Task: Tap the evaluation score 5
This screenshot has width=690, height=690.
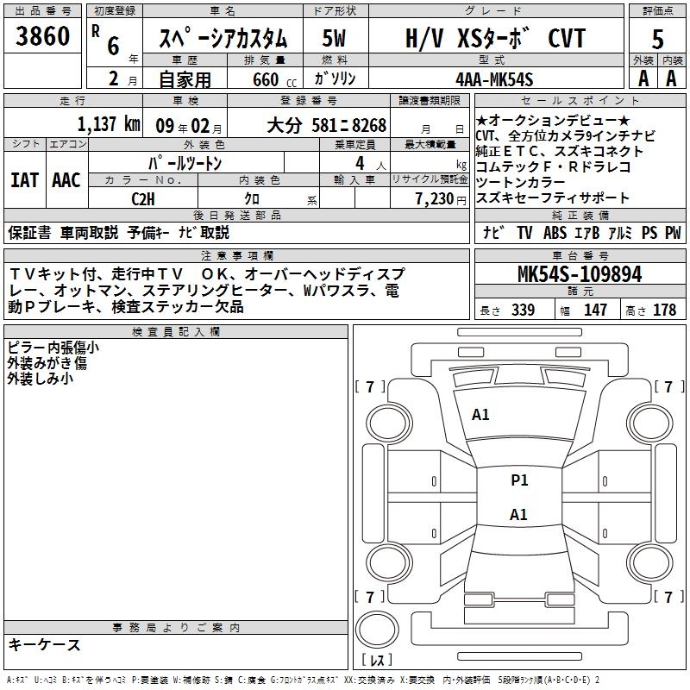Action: click(x=658, y=39)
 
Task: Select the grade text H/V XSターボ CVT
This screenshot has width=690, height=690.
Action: click(x=495, y=39)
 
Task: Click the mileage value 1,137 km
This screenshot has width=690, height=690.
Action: click(x=109, y=124)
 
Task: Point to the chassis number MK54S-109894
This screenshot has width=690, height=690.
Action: click(x=580, y=274)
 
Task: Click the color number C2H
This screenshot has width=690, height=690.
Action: click(x=143, y=198)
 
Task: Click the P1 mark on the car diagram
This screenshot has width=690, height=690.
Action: click(x=519, y=480)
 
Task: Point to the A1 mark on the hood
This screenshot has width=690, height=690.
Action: click(x=480, y=415)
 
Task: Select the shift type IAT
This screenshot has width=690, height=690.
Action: click(x=24, y=180)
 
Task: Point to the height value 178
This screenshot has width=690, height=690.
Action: click(x=665, y=310)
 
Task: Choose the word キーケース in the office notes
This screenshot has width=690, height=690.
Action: click(x=45, y=645)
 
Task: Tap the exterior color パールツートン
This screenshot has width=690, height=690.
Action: click(x=186, y=163)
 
